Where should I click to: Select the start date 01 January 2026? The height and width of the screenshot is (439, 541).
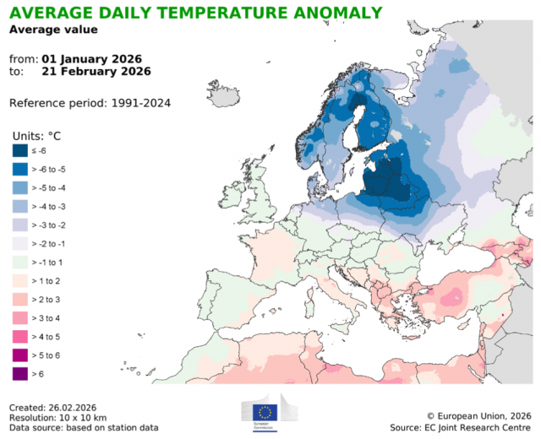tap(90, 59)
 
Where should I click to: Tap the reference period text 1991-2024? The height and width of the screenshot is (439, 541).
tap(145, 103)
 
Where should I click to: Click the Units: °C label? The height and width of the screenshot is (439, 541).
tap(37, 135)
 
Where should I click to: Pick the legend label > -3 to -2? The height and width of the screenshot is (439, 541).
tap(51, 225)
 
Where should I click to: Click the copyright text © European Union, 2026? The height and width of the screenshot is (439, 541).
tap(478, 415)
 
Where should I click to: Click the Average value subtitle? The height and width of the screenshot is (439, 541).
tap(53, 30)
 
